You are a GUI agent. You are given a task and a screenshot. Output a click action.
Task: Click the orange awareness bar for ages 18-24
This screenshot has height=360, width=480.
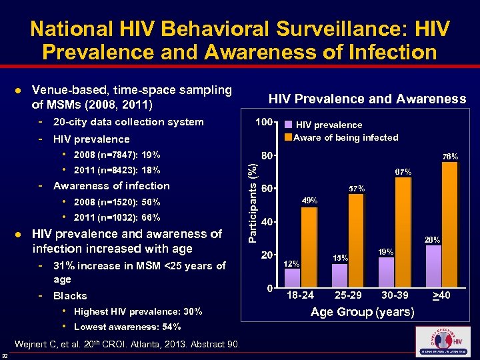click(309, 247)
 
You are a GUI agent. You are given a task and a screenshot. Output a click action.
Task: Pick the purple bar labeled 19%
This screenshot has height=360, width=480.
click(387, 272)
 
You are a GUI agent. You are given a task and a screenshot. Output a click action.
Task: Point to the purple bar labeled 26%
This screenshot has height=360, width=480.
click(434, 267)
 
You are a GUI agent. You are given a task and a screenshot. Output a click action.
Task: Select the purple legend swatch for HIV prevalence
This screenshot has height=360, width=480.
click(288, 125)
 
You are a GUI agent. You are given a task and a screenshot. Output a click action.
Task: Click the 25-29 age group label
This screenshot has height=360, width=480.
click(347, 295)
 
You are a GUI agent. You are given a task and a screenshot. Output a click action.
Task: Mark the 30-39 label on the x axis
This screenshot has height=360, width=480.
click(395, 295)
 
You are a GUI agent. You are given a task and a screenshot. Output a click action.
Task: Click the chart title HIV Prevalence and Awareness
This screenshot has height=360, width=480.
click(367, 99)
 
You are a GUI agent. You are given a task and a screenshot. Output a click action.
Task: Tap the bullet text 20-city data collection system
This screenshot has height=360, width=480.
click(128, 122)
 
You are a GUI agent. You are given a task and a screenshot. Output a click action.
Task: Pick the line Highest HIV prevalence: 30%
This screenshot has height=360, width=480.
click(138, 311)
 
